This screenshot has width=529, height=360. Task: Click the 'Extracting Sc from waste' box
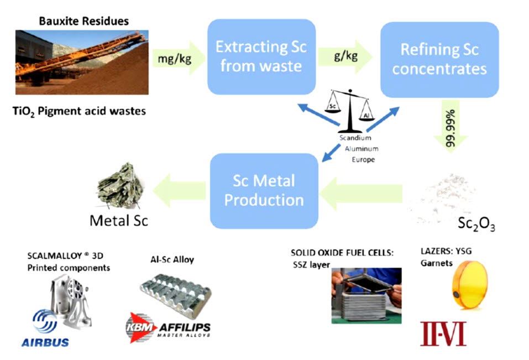tap(261, 57)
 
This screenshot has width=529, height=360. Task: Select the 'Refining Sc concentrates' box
tap(439, 59)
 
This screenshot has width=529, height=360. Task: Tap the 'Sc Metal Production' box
tap(264, 190)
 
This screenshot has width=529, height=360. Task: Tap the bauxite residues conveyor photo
tap(82, 62)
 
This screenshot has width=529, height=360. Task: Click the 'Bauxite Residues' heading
tap(83, 22)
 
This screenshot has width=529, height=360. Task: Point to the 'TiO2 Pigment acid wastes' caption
tap(80, 111)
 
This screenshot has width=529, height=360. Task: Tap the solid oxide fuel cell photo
tap(366, 295)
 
